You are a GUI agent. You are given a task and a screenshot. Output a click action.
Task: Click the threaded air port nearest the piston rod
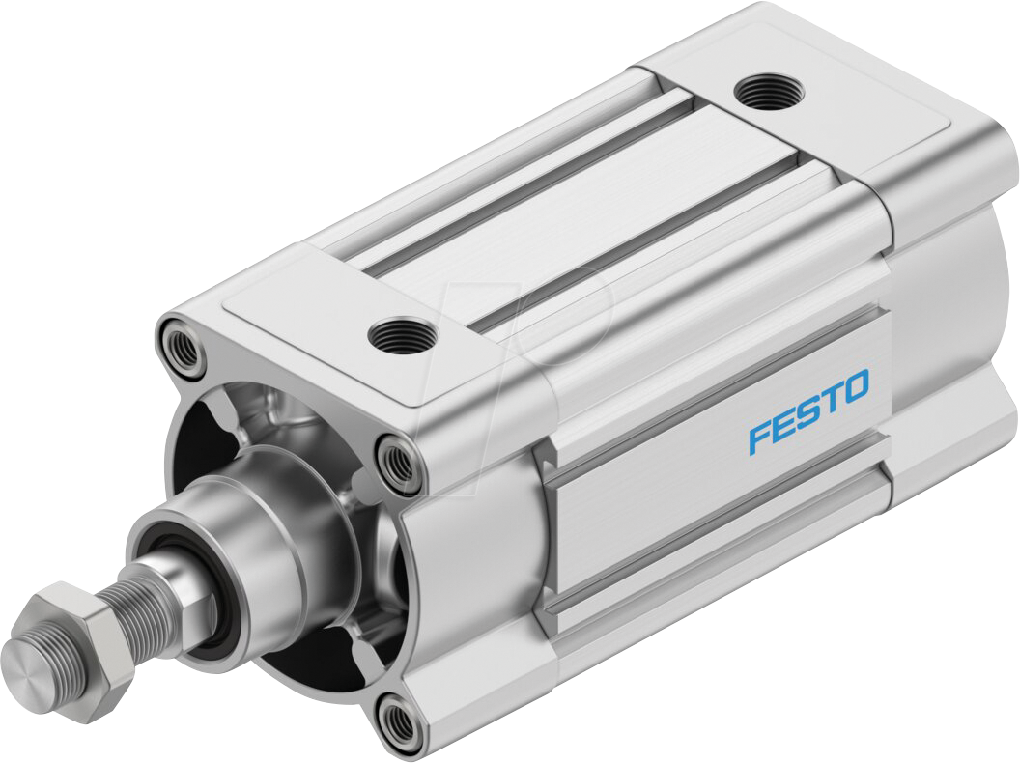401,336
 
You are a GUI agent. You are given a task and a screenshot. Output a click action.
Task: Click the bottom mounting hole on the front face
398,720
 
